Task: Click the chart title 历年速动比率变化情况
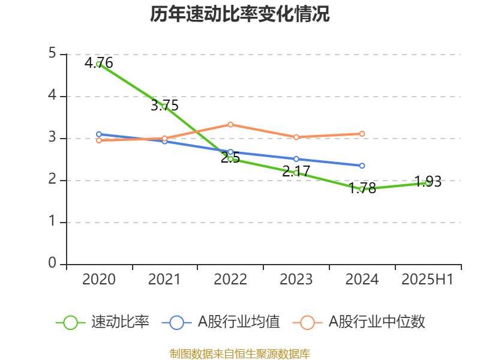(x=240, y=14)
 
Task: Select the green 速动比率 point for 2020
(x=99, y=64)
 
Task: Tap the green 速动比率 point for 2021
(x=164, y=107)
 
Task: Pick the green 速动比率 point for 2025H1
(x=428, y=182)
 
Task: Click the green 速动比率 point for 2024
(x=362, y=189)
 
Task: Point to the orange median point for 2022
(x=230, y=124)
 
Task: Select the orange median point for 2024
(x=362, y=134)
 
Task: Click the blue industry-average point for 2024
(x=362, y=166)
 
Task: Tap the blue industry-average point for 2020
(x=99, y=134)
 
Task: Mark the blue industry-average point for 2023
(x=296, y=159)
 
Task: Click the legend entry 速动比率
(x=103, y=322)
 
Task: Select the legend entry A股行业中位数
(x=359, y=322)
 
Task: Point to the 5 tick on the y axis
(x=52, y=54)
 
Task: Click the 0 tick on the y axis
(x=52, y=264)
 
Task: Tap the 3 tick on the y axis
(x=52, y=138)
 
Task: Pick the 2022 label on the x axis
(x=230, y=280)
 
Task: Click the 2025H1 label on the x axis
(x=427, y=280)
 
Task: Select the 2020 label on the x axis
(x=99, y=280)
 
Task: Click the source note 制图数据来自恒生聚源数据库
(x=240, y=353)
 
